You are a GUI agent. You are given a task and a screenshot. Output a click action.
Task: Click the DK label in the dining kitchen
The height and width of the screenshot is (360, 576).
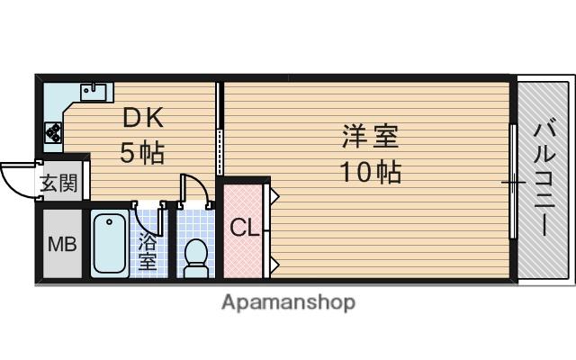point(143,118)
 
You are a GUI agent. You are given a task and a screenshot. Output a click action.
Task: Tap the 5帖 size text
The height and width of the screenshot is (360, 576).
point(142,152)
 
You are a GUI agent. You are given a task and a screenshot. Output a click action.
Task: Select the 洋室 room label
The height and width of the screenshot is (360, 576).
point(370,136)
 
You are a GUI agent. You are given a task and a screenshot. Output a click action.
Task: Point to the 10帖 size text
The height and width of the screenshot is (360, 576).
point(370,172)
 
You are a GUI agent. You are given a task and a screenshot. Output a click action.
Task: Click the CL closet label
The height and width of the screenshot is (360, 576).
point(245,228)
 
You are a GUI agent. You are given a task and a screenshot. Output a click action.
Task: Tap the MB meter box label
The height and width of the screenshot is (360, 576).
point(62,244)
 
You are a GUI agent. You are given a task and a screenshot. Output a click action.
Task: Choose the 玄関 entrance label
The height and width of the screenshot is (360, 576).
point(58,184)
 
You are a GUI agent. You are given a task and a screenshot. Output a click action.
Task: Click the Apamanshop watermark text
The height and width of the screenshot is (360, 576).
point(288,303)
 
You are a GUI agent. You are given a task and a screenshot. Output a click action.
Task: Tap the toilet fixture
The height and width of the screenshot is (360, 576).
point(196,258)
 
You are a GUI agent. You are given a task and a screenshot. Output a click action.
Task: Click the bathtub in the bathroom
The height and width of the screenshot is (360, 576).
point(110,244)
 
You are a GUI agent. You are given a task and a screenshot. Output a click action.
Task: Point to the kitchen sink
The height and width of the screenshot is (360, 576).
point(94,92)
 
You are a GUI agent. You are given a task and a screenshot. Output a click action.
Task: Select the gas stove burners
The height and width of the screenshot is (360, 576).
point(54,132)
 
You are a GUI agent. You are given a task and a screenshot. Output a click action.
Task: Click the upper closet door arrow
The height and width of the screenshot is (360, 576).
point(274,196)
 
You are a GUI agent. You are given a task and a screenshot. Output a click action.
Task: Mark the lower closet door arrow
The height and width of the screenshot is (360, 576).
point(274,264)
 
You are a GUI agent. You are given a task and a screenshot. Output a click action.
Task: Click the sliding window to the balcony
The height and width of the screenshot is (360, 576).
point(514,182)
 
